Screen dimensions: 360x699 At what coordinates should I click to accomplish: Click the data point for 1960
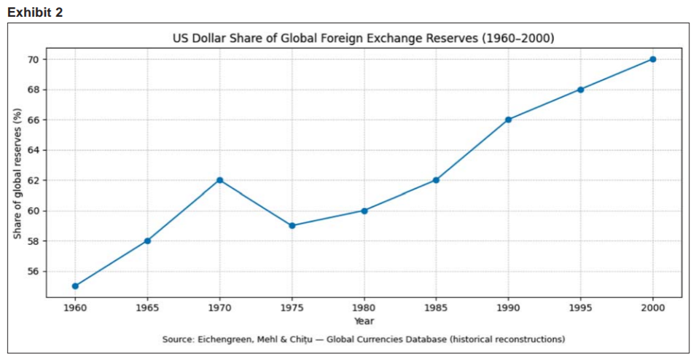click(75, 286)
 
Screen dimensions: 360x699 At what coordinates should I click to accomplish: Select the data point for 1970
click(219, 180)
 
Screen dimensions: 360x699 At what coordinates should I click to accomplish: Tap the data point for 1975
click(292, 225)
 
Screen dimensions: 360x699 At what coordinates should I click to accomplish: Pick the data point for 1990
click(508, 120)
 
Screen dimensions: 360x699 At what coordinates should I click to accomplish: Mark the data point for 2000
click(652, 59)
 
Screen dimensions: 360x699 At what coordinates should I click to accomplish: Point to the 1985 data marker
click(436, 180)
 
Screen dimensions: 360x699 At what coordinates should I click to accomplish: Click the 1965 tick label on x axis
click(147, 308)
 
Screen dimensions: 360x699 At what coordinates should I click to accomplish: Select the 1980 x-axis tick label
click(364, 308)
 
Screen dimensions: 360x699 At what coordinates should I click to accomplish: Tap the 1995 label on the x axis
click(580, 308)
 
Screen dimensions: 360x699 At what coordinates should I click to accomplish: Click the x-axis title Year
click(364, 321)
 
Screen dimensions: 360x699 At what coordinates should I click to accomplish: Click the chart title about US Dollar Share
click(363, 39)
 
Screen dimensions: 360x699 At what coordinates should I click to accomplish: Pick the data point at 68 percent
click(580, 90)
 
